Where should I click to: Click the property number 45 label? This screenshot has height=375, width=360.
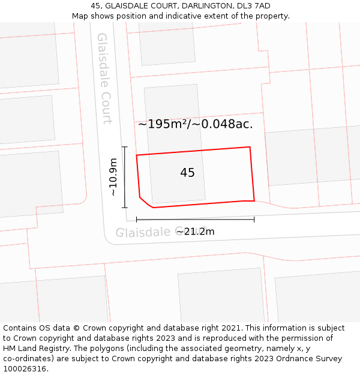point(187,173)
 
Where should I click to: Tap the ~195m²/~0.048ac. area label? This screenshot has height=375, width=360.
point(195,124)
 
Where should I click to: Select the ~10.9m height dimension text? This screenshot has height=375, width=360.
point(113,177)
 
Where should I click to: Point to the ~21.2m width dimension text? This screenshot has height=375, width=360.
point(195,232)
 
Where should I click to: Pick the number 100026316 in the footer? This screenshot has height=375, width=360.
point(23,368)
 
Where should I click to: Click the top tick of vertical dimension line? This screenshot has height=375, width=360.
point(125,147)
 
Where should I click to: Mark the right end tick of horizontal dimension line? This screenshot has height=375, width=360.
point(254,220)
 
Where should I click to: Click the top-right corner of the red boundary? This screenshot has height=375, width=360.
point(250,147)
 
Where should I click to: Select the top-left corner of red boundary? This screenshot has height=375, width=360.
point(137,155)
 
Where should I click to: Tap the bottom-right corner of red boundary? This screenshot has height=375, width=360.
point(254,201)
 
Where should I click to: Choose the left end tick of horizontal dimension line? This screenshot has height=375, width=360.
point(137,220)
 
